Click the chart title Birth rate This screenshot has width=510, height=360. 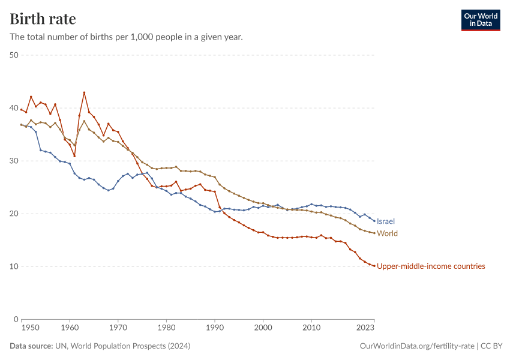click(x=43, y=19)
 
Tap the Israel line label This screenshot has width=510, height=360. click(x=386, y=221)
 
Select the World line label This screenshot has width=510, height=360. click(x=387, y=233)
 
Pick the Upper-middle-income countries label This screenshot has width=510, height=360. click(x=431, y=266)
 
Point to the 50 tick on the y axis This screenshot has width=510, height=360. click(x=14, y=55)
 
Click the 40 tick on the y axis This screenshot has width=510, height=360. click(x=14, y=108)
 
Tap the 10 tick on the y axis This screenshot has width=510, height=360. click(x=14, y=266)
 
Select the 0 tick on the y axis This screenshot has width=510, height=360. click(x=17, y=319)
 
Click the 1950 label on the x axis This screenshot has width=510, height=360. click(x=30, y=328)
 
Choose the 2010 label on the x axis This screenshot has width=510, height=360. click(x=311, y=328)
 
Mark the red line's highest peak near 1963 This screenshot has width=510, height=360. click(x=84, y=92)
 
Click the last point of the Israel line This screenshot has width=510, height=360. click(x=374, y=221)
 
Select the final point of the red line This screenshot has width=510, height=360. click(x=374, y=266)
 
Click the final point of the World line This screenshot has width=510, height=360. click(x=374, y=233)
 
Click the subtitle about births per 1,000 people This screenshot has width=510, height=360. click(x=126, y=37)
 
